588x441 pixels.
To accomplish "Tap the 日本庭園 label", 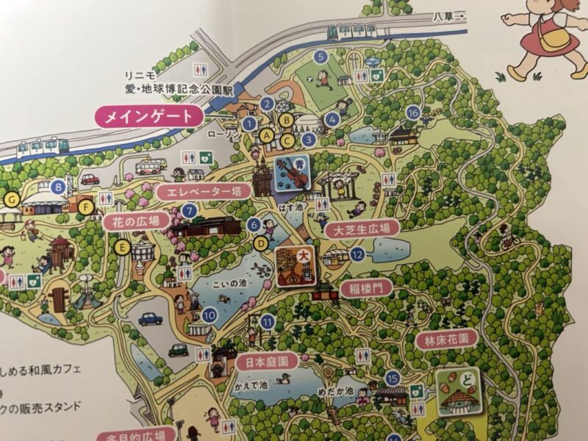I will tap(268, 361).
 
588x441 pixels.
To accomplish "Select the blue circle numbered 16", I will tap(412, 112).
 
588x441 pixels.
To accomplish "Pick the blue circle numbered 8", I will tap(58, 187).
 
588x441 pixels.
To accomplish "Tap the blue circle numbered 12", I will tap(357, 255).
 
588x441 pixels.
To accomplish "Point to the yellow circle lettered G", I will tap(10, 198).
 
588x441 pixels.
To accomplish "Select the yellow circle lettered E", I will tap(123, 248).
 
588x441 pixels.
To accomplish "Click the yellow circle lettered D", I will tap(259, 242).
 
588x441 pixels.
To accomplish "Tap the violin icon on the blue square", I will tap(292, 173).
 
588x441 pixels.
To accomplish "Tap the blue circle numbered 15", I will tap(392, 379).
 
